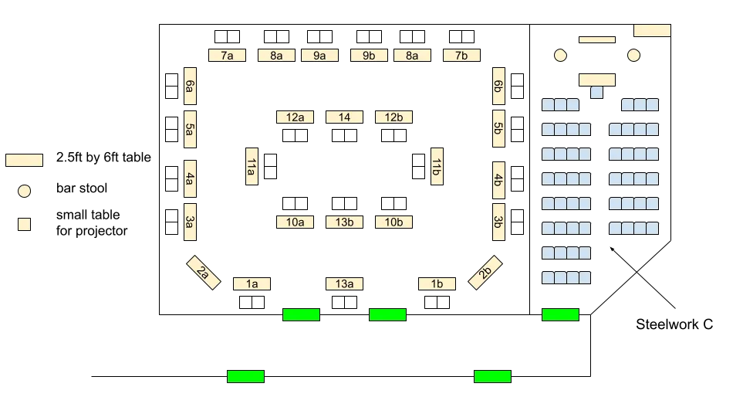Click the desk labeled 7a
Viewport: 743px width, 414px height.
pos(228,56)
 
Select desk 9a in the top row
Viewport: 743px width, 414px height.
pos(320,56)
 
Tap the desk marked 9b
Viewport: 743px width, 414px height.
pos(368,56)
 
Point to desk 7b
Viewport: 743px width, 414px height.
pos(461,56)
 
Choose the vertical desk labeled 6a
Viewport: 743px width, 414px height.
pos(189,87)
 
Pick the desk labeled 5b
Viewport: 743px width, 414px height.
pos(498,129)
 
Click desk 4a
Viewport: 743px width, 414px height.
pos(189,180)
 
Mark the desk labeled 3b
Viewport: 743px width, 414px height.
pos(498,222)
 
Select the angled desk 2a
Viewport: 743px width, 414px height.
pos(204,273)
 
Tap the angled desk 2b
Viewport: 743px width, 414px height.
pos(485,273)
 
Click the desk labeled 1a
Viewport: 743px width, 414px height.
pos(252,284)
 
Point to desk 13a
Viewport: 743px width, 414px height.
pos(344,284)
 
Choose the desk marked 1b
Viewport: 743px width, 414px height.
pos(437,284)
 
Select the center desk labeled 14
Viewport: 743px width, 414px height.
pos(344,117)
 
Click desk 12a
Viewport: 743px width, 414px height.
pos(295,117)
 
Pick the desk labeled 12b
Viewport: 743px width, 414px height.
pos(393,117)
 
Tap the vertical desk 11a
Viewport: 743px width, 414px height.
pos(251,167)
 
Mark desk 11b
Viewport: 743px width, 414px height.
pos(437,167)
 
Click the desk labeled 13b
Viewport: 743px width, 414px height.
pos(344,222)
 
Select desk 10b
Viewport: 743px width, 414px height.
pos(393,222)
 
